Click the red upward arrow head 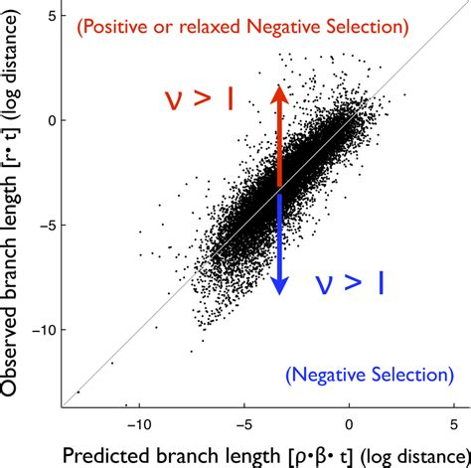[x=279, y=93]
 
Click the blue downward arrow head [x=280, y=285]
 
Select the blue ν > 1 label [x=348, y=282]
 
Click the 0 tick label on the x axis [x=349, y=420]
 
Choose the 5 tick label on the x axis [x=453, y=420]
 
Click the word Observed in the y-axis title [x=17, y=337]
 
